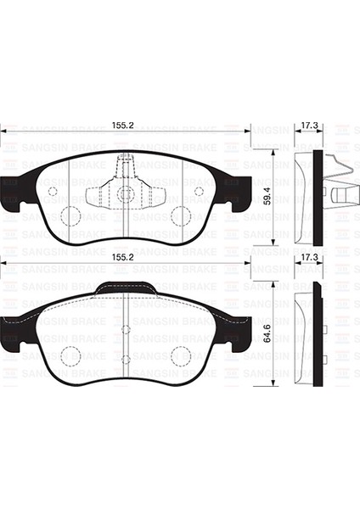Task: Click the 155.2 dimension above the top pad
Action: point(122,126)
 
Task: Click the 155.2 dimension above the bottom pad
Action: point(122,257)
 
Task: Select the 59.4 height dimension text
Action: point(267,195)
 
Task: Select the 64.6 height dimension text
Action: point(267,333)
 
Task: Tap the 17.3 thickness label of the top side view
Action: point(309,126)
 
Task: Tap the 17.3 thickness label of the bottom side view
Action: point(309,258)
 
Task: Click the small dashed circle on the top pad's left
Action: point(53,191)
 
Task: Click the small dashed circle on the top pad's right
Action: point(199,191)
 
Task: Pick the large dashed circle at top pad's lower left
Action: point(70,215)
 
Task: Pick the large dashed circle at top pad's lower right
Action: point(181,215)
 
